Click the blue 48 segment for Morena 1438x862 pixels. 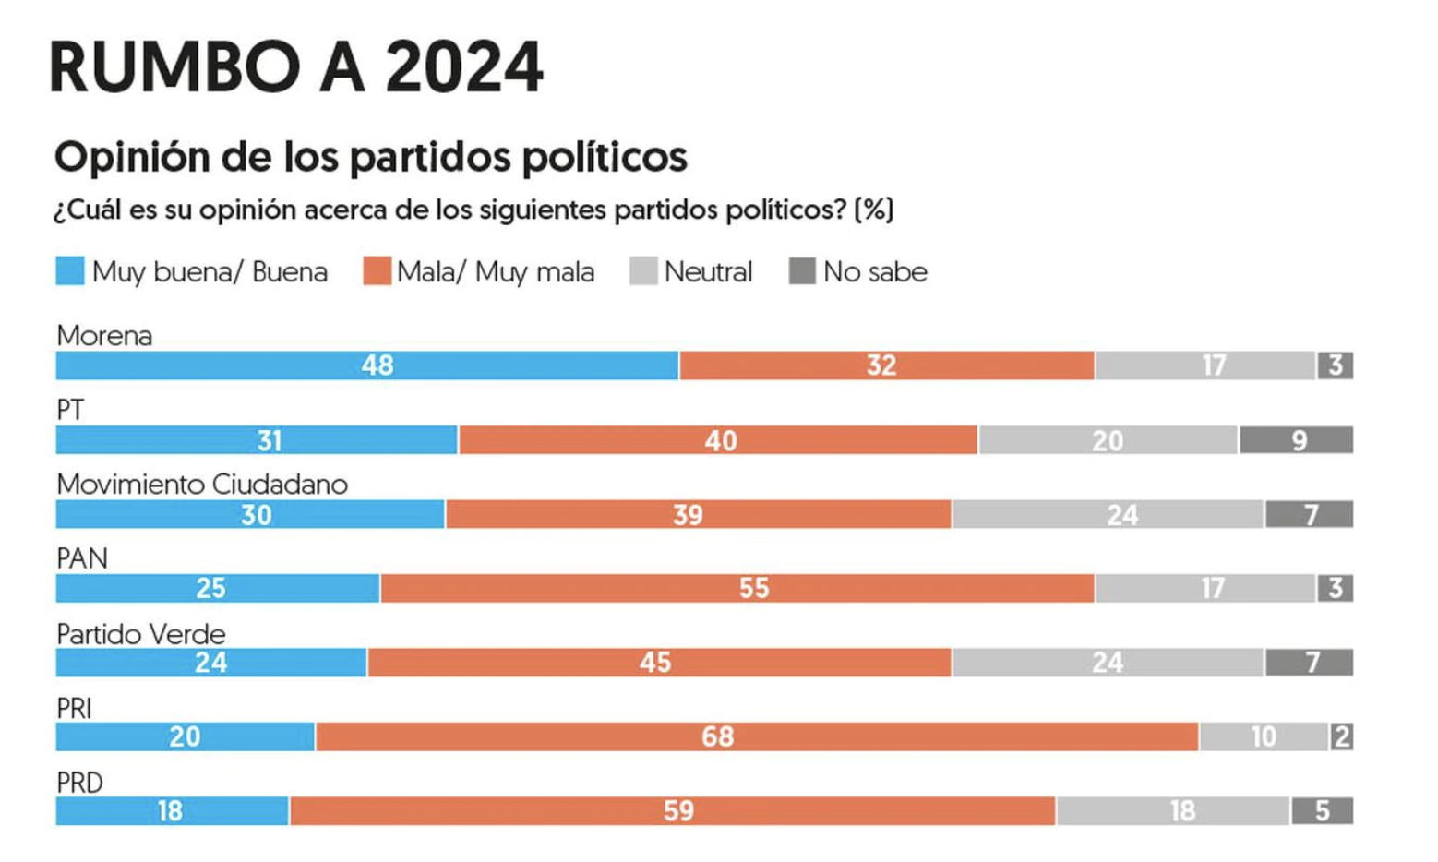[367, 365]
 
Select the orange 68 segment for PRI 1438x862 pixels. [757, 736]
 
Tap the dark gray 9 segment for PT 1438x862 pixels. [1297, 440]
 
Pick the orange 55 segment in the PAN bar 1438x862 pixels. [737, 588]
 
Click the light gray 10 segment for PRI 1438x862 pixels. [1264, 736]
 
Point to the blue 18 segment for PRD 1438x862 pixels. [172, 810]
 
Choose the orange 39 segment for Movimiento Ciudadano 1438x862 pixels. [699, 514]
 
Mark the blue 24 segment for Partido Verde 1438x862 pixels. [211, 663]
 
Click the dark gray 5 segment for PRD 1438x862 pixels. [1323, 810]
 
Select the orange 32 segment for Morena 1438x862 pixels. [887, 365]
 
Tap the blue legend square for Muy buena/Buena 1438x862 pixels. [70, 270]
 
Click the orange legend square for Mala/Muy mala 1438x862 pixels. [377, 270]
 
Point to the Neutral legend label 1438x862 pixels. [708, 272]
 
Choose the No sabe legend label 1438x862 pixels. [876, 272]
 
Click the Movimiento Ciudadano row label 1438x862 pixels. [202, 484]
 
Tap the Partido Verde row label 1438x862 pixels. [141, 634]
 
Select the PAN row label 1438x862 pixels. [82, 558]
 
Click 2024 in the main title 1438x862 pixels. [464, 66]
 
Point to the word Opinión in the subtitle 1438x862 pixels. [132, 157]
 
